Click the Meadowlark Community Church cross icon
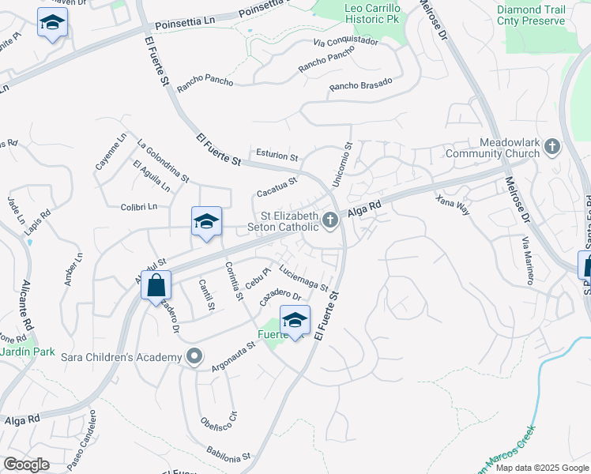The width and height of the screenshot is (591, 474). [552, 146]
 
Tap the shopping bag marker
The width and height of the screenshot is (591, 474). [156, 285]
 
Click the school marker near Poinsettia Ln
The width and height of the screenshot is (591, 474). [52, 23]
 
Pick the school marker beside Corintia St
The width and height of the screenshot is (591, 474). [206, 222]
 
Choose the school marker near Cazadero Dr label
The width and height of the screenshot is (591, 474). [295, 320]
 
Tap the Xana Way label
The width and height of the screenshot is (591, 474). [453, 205]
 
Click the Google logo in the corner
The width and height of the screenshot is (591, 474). [26, 465]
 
